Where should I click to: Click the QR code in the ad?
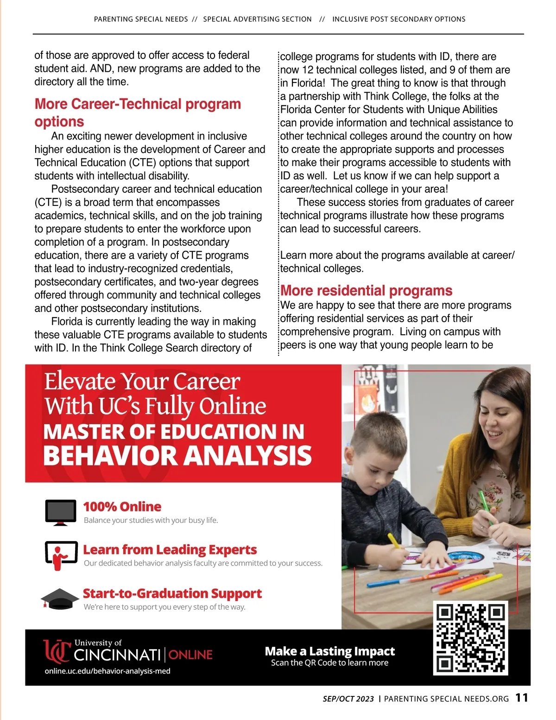[470, 638]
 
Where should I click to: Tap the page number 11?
[522, 698]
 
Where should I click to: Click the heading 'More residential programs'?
[366, 291]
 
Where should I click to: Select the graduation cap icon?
[60, 599]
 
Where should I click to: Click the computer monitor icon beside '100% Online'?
[61, 512]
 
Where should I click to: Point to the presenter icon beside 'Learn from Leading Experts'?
[61, 555]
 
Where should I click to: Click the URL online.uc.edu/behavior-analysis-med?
[107, 671]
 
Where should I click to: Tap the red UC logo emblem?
[57, 651]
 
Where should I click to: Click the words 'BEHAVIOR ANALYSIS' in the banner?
[177, 455]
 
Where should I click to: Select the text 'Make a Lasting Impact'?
[329, 651]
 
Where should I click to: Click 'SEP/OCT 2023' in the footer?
[348, 699]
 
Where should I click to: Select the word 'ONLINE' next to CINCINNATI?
[190, 655]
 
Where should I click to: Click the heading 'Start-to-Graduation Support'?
[172, 593]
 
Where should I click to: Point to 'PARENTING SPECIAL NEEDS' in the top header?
[141, 19]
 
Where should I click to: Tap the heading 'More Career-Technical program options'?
[138, 112]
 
